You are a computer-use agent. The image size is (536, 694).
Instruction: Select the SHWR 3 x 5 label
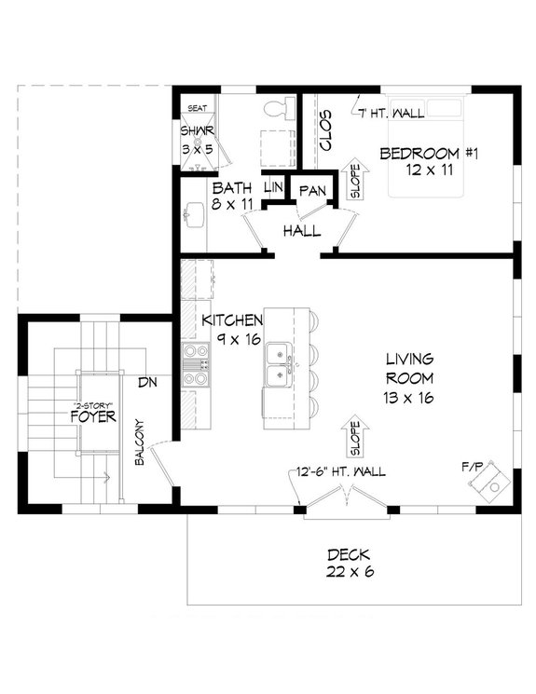coord(197,139)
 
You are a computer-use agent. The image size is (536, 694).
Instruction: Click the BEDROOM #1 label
coord(424,160)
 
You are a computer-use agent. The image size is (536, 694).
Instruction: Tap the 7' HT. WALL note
coord(392,114)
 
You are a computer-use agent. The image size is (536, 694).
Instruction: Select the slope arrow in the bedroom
coord(354,180)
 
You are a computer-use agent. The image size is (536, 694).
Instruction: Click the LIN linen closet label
coord(273,187)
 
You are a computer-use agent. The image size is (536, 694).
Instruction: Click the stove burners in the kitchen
coord(195,364)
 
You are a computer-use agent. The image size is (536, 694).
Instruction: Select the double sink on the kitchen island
coord(278,365)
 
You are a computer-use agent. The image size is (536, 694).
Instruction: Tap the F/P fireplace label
coord(469,463)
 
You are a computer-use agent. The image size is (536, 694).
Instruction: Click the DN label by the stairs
coord(147,383)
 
